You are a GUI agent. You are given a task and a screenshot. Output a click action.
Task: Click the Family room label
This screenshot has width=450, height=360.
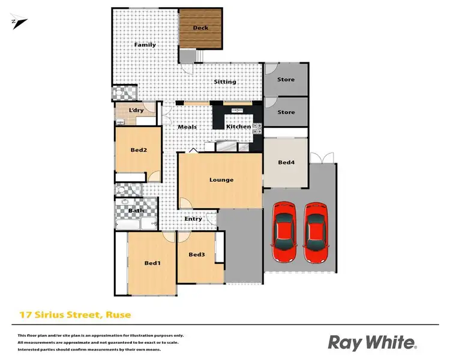145,45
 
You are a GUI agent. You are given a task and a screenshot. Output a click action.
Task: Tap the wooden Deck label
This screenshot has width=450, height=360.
200,28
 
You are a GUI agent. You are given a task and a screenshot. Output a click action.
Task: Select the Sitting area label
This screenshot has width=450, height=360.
226,82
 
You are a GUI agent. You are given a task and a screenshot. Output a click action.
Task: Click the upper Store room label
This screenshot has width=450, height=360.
286,79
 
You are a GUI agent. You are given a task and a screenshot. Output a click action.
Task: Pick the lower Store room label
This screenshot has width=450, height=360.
286,112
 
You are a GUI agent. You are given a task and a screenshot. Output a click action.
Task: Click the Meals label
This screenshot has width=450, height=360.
187,127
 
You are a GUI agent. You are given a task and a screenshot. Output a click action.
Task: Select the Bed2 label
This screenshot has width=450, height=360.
139,150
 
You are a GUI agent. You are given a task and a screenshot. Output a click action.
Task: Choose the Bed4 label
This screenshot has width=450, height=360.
286,162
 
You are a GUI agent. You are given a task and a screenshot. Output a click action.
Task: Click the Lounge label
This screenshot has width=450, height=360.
221,179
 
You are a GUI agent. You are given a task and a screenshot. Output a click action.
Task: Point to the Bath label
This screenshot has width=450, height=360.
136,211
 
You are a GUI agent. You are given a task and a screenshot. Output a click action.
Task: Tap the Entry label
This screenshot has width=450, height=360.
193,219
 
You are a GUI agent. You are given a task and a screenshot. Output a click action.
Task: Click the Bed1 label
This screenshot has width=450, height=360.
152,263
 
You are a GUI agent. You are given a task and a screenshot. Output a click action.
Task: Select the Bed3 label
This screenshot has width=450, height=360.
197,255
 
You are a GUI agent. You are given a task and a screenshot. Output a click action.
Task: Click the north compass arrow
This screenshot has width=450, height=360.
19,22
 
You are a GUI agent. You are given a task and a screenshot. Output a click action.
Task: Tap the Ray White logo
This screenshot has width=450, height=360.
371,343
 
